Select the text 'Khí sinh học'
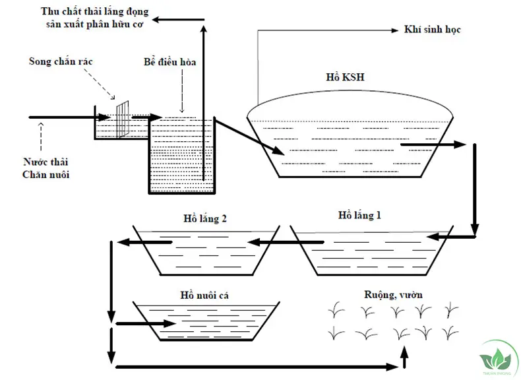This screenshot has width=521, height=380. (431, 30)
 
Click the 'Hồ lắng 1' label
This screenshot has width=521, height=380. (359, 215)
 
